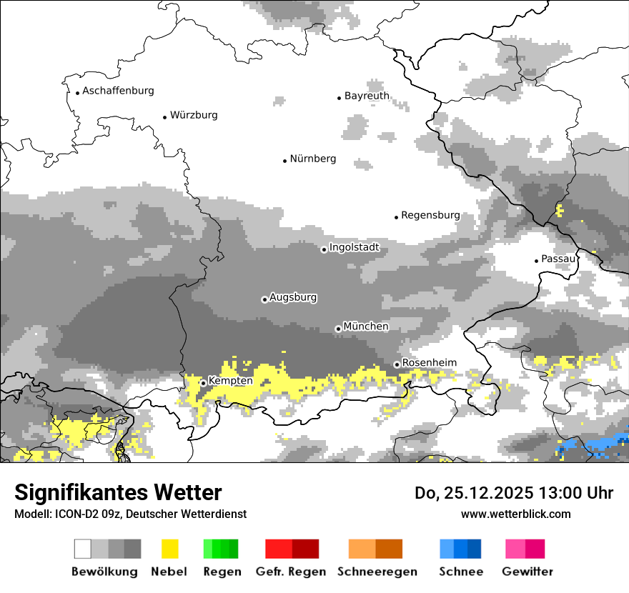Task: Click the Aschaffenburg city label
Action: point(118,91)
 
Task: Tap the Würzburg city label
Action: point(194,116)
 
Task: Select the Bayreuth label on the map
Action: point(367,96)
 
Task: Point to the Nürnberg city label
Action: point(313,159)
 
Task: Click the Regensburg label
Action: point(430,215)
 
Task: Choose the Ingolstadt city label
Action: point(354,248)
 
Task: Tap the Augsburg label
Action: point(293,297)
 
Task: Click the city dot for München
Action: point(338,329)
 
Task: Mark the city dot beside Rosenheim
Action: point(397,364)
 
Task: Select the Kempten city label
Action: point(230,382)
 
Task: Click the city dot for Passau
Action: point(536,261)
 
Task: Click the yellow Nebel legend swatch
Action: point(170,549)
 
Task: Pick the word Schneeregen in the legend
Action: point(377,572)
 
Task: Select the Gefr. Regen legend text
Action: point(291,572)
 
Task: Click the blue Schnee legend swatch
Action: point(460,549)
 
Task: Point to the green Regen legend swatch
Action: point(221,549)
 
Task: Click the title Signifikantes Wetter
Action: point(118,492)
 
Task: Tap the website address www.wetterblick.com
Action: point(515,514)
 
